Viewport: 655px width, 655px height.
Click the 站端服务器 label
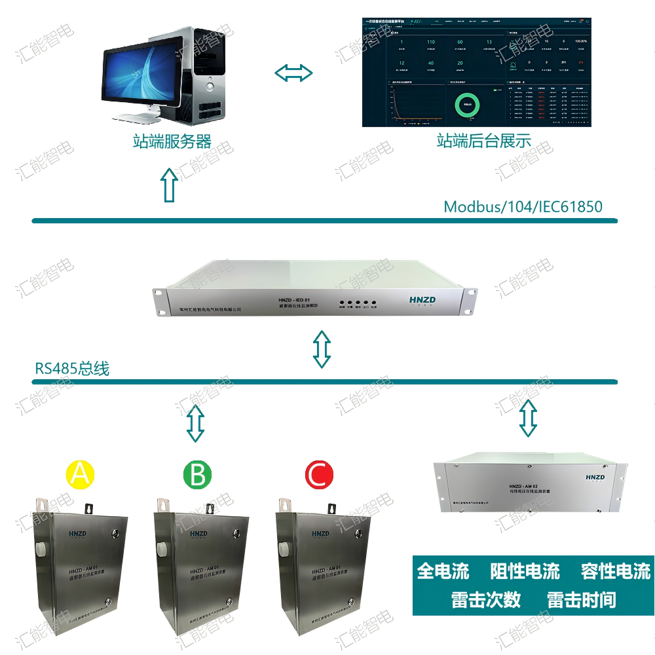point(172,141)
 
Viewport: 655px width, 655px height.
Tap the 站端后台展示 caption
point(484,141)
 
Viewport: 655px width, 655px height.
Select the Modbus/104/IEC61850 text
point(523,207)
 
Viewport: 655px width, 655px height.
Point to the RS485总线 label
point(72,369)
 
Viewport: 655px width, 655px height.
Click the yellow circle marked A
point(80,474)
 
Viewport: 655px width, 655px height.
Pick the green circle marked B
point(196,474)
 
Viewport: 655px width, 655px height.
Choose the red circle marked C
point(319,474)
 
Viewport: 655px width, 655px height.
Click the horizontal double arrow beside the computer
point(293,73)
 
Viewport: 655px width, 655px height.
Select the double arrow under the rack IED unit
point(321,348)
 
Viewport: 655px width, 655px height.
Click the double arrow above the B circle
point(195,423)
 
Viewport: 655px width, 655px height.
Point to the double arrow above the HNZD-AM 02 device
point(528,418)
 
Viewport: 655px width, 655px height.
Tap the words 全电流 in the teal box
point(443,571)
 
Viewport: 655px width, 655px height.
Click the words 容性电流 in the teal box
point(615,571)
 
